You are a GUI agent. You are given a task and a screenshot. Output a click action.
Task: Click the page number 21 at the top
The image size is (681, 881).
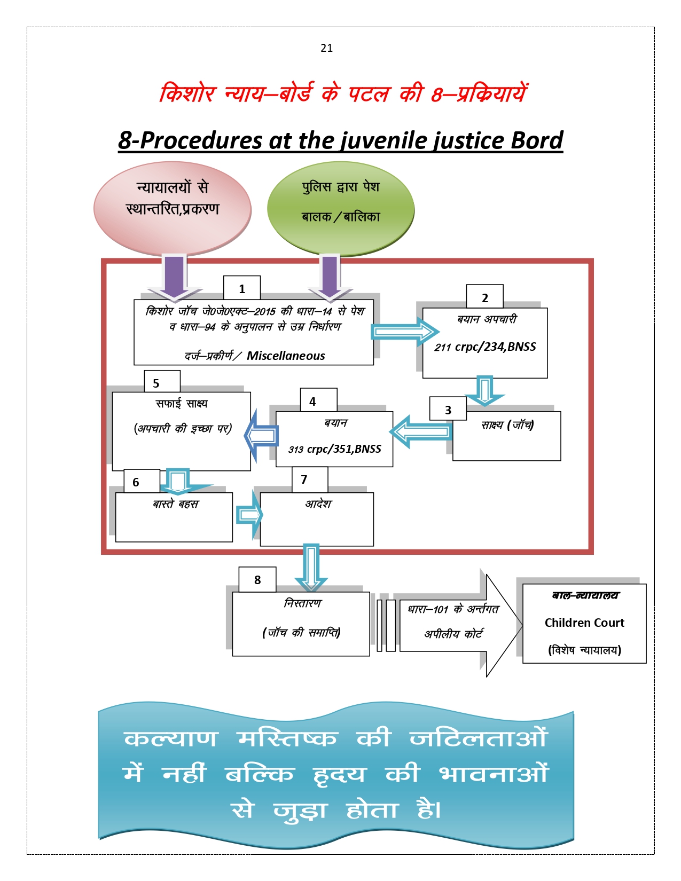coord(327,48)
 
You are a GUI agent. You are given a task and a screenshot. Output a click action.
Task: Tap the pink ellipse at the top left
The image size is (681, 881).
coord(173,208)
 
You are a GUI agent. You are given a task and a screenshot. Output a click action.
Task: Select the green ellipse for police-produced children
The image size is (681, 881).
coord(341,208)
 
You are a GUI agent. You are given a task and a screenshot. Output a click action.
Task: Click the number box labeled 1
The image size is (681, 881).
coord(242,289)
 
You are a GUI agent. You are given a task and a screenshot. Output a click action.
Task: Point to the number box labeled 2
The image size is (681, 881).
coord(484,297)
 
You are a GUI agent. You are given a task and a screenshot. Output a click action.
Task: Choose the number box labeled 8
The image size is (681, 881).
coord(257,580)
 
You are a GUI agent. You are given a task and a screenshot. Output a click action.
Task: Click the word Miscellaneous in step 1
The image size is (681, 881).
coord(286,356)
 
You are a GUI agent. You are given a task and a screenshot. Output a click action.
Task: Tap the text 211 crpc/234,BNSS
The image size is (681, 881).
coord(485,347)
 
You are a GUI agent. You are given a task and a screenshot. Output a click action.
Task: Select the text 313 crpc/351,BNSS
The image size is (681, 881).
coord(335,449)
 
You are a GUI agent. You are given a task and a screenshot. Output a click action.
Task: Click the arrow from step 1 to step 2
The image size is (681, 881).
coord(404,332)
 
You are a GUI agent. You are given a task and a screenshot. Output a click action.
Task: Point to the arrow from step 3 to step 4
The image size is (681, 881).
coord(421,431)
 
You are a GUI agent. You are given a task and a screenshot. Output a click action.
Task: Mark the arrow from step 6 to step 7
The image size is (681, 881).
coord(249,515)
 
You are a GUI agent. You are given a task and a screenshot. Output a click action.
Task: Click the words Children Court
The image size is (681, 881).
coord(584,623)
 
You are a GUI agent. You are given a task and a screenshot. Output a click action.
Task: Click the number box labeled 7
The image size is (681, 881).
coord(309,479)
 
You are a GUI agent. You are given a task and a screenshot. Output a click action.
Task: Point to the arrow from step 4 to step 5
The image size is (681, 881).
coord(262,435)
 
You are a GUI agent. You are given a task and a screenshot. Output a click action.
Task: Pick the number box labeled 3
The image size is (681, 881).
coord(448,410)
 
